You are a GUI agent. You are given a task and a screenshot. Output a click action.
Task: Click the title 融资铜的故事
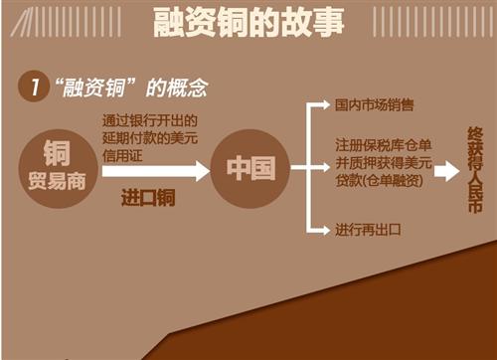(248, 24)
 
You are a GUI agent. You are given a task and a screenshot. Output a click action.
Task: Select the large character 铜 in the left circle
(59, 151)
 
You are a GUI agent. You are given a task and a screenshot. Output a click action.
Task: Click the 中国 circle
(250, 168)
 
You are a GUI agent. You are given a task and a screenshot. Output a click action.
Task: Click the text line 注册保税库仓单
(382, 145)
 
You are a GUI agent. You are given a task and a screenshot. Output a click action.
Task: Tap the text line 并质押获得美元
(382, 162)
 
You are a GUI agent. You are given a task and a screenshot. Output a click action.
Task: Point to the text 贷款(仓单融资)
(383, 180)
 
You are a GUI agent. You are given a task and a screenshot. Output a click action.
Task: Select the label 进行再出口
(368, 230)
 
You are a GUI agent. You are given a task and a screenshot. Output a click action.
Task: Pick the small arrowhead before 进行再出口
(324, 230)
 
